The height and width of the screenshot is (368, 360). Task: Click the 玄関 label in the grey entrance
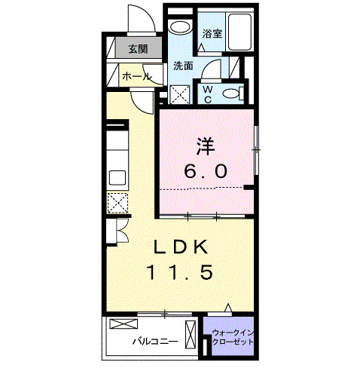click(x=137, y=50)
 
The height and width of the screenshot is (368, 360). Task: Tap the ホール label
click(x=136, y=76)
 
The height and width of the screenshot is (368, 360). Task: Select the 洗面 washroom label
click(x=184, y=66)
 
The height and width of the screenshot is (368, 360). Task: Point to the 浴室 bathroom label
click(x=212, y=34)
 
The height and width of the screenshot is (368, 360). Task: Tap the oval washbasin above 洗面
click(x=180, y=28)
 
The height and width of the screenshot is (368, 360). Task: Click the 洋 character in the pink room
click(x=206, y=144)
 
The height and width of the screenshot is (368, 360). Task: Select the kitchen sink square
click(x=117, y=178)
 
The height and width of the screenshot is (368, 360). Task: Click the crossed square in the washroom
click(x=181, y=95)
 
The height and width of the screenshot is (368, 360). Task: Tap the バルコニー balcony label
click(x=155, y=341)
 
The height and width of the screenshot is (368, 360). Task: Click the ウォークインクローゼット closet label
click(x=232, y=336)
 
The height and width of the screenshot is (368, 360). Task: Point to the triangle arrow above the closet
click(x=229, y=307)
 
